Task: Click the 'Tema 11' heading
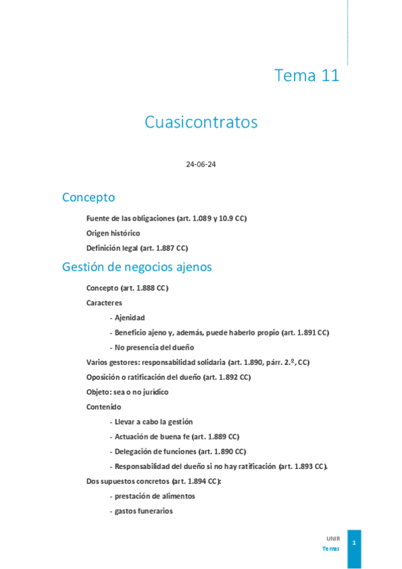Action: [x=307, y=76]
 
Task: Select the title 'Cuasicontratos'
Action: [x=201, y=122]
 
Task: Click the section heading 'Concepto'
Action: [x=89, y=197]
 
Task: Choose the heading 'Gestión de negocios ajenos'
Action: [x=137, y=267]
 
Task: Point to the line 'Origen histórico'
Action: [x=113, y=233]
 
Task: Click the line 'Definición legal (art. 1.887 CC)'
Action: [x=137, y=248]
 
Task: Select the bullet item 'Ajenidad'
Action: [x=129, y=317]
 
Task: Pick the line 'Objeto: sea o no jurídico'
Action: [x=128, y=392]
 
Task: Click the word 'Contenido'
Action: [x=104, y=407]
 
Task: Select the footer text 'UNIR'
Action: [x=333, y=538]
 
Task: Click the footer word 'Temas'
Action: [x=331, y=548]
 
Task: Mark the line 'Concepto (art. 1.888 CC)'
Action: [x=127, y=288]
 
